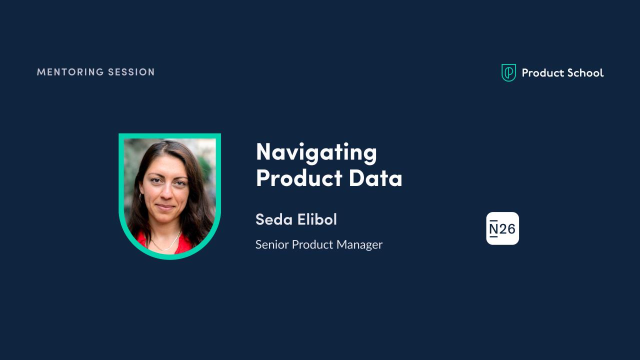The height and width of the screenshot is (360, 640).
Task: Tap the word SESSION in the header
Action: [x=131, y=72]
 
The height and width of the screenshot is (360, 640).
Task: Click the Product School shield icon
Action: [x=508, y=72]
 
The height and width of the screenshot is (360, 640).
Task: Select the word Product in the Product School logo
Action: [x=542, y=73]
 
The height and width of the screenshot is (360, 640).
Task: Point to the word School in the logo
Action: [x=585, y=73]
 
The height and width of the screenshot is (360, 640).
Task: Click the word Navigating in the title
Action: [x=316, y=153]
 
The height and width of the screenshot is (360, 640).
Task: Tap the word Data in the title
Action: [x=375, y=178]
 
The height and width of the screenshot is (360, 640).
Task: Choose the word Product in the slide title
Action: [x=299, y=178]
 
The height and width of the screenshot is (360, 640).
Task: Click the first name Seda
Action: [x=274, y=219]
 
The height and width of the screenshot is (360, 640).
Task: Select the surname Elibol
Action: [x=317, y=219]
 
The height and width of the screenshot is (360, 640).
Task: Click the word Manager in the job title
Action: [x=359, y=245]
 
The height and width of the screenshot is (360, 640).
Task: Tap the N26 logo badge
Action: [x=502, y=228]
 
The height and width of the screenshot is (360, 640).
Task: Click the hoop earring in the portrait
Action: [x=140, y=197]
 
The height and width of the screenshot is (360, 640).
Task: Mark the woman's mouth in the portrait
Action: [x=165, y=207]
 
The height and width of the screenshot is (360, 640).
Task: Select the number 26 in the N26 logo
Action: [x=507, y=229]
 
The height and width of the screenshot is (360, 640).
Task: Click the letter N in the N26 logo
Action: [x=493, y=229]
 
